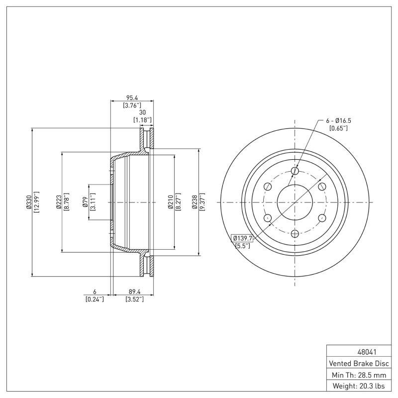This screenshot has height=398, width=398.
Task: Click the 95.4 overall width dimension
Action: pos(132,98)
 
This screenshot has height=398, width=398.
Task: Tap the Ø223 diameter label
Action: pos(59,202)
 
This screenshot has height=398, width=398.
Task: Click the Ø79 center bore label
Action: pos(86,202)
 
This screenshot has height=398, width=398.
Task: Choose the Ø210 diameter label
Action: pos(171,202)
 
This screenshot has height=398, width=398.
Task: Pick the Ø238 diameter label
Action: pos(196,202)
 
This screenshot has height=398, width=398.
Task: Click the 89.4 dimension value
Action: pos(134,292)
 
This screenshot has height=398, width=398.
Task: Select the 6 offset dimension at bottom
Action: pos(94,292)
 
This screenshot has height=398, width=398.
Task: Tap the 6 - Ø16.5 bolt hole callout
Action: pos(338,121)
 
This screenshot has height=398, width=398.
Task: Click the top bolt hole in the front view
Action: pos(295,171)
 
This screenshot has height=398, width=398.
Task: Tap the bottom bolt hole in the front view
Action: pos(295,234)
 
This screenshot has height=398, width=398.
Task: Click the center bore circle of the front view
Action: pos(295,202)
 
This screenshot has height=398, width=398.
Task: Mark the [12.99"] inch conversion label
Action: pos(36,202)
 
